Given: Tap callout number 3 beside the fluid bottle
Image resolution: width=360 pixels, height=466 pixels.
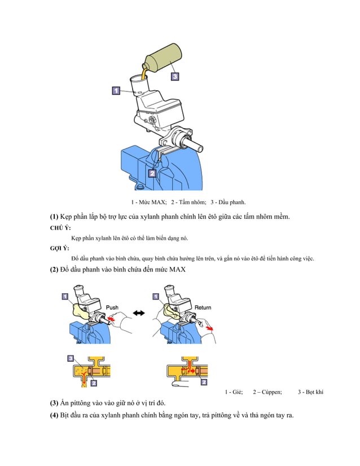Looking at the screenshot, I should click(x=175, y=76).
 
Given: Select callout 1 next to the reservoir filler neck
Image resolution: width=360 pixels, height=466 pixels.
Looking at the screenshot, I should click(x=115, y=90).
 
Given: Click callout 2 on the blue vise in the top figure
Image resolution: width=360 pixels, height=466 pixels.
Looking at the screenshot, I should click(x=152, y=173).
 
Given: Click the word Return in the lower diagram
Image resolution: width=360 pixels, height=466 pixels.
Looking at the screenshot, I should click(x=203, y=307).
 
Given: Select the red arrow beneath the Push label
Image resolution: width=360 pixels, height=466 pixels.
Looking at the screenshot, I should click(x=114, y=320).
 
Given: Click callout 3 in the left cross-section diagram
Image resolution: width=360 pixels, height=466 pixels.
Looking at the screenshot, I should click(x=70, y=358).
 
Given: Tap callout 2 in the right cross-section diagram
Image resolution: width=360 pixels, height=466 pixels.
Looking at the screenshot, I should click(x=202, y=382).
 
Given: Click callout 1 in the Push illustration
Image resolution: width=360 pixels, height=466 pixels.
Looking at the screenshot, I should click(x=65, y=296).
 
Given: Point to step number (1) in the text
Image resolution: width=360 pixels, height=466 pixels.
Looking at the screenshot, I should click(x=54, y=217).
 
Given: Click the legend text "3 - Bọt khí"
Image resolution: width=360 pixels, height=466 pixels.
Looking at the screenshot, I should click(x=310, y=392).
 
